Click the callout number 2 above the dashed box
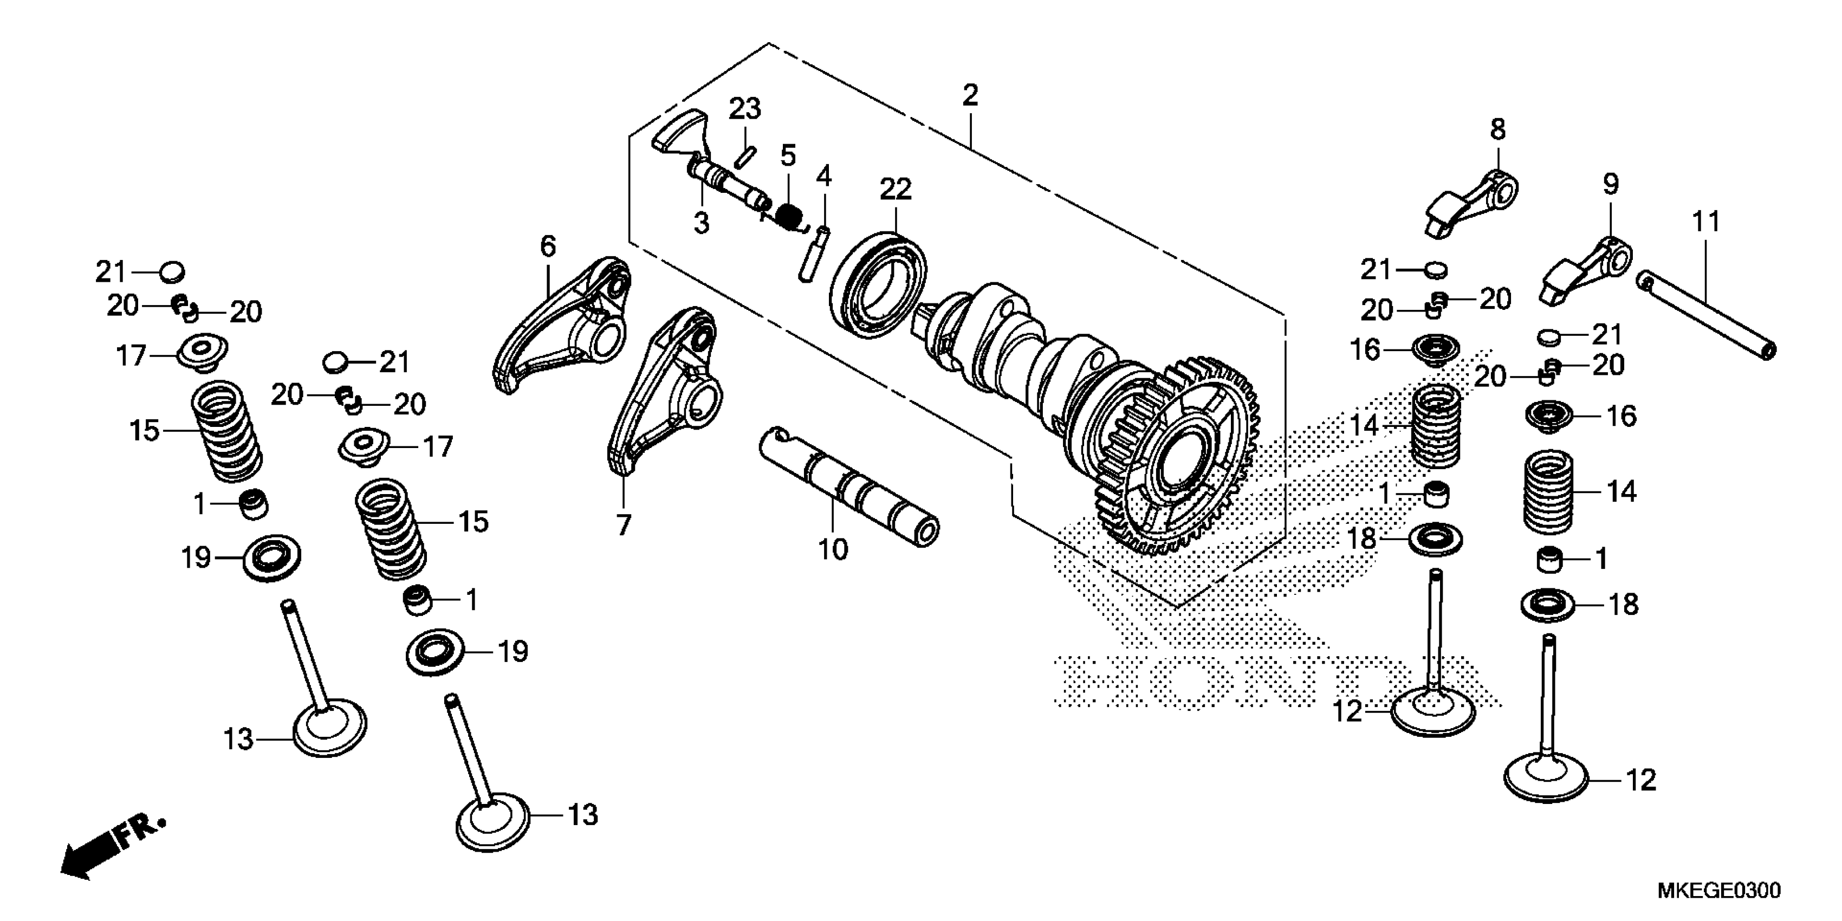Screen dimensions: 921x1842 pos(970,95)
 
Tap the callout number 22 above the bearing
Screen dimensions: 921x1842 pos(895,190)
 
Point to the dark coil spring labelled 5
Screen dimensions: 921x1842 pos(788,215)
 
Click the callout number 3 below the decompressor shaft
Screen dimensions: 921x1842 pos(702,224)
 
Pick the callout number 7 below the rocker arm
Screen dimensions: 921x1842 pos(624,526)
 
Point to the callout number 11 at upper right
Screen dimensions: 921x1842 pos(1705,222)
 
